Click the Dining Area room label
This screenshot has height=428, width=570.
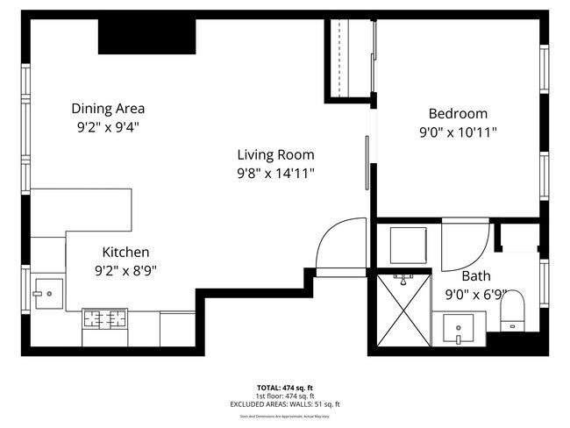pos(108,109)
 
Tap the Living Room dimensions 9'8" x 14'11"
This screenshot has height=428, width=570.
pos(275,173)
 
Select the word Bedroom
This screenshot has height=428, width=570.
pos(457,113)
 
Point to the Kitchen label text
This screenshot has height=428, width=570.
pos(125,252)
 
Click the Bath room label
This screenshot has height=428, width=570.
pos(476,275)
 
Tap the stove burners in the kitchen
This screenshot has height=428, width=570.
pos(104,317)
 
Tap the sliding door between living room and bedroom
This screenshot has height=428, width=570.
pos(367,161)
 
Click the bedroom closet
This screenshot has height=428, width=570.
pos(351,57)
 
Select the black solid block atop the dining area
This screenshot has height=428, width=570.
pos(146,36)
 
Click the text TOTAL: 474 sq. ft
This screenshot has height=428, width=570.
pos(284,387)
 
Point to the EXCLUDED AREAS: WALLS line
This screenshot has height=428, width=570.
pos(285,404)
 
